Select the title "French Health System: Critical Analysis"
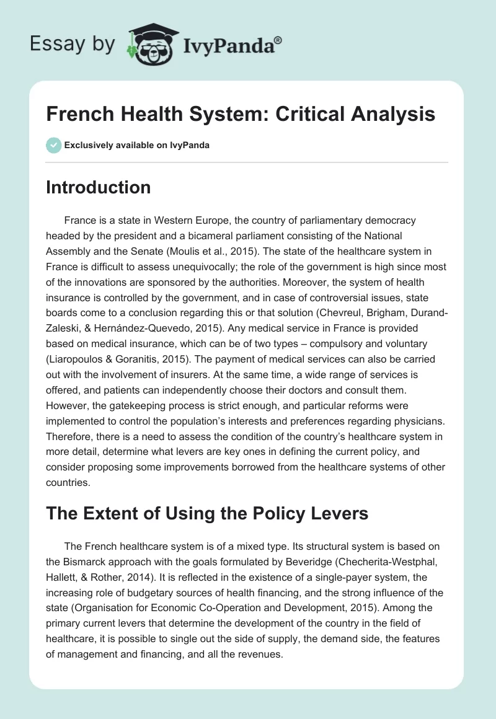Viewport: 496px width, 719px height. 241,114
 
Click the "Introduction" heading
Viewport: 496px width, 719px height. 99,187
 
